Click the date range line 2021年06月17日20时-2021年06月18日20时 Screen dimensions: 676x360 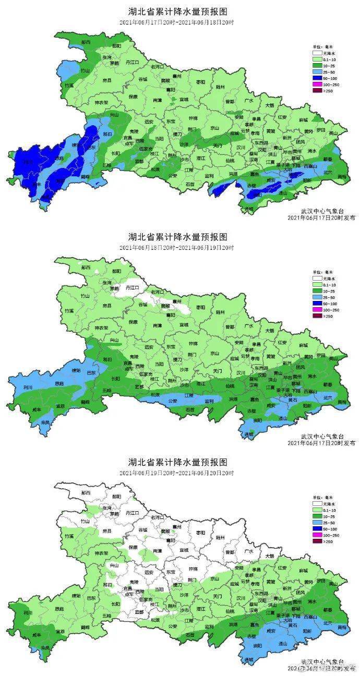[177, 21]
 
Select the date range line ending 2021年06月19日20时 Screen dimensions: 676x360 [177, 247]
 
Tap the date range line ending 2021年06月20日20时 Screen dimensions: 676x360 [177, 473]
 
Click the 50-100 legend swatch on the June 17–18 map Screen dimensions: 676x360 [317, 78]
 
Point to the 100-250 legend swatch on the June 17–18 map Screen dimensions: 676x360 [317, 84]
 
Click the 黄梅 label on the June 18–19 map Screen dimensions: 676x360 [342, 402]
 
